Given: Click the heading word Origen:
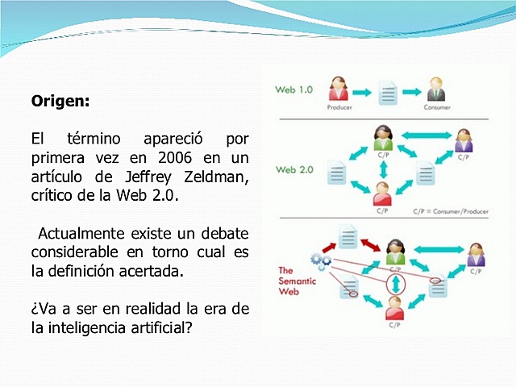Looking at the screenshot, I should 60,102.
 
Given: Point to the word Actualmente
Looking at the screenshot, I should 78,233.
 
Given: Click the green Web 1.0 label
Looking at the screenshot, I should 293,89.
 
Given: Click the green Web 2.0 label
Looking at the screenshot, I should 293,170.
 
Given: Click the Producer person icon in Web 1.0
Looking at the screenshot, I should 339,88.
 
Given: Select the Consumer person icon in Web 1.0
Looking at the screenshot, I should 436,88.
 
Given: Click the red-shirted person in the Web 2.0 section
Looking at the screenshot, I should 383,192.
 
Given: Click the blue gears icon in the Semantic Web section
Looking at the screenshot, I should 320,260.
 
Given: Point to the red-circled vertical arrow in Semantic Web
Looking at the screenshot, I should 394,285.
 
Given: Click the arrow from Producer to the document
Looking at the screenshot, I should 363,91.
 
